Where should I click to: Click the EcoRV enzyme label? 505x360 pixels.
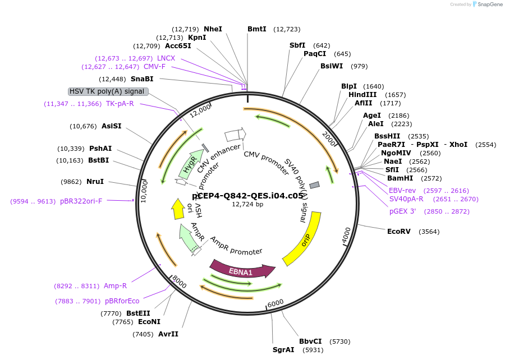pyautogui.click(x=398, y=231)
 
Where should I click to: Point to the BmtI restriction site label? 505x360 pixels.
pyautogui.click(x=257, y=29)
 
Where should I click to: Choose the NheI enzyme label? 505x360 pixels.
pyautogui.click(x=213, y=29)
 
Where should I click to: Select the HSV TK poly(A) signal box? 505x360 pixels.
pyautogui.click(x=108, y=91)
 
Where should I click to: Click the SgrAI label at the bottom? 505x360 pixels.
pyautogui.click(x=283, y=350)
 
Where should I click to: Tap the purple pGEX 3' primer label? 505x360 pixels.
pyautogui.click(x=406, y=211)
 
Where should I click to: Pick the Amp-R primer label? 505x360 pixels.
pyautogui.click(x=116, y=285)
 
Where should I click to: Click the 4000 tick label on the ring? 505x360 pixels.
pyautogui.click(x=346, y=234)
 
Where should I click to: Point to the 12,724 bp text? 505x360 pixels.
pyautogui.click(x=247, y=204)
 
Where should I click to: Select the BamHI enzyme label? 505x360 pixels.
pyautogui.click(x=400, y=178)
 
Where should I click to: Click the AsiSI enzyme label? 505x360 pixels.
pyautogui.click(x=111, y=126)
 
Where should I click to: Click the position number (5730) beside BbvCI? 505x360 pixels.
pyautogui.click(x=339, y=341)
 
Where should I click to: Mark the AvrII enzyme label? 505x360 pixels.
pyautogui.click(x=168, y=334)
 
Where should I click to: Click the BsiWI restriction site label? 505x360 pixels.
pyautogui.click(x=331, y=66)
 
